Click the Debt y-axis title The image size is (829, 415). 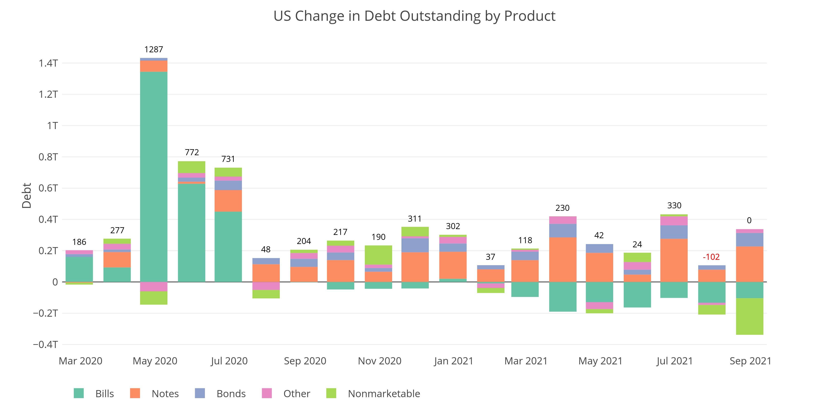(x=27, y=196)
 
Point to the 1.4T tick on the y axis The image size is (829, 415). (x=48, y=63)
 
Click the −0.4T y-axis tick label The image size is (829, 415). (x=45, y=344)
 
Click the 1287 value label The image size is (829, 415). (x=154, y=49)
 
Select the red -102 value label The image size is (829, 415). (x=711, y=257)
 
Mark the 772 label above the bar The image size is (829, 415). (x=192, y=152)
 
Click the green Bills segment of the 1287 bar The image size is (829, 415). (x=154, y=177)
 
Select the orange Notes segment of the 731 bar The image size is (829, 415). (x=228, y=201)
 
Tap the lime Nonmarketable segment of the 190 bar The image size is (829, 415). (x=378, y=255)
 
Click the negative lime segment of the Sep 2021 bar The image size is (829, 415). (x=749, y=316)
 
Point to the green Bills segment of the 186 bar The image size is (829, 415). (x=79, y=269)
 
